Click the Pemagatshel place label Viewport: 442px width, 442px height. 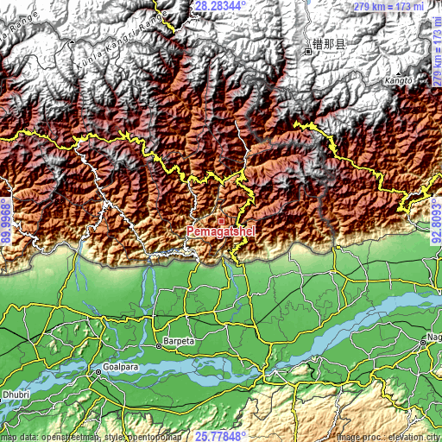pyautogui.click(x=220, y=232)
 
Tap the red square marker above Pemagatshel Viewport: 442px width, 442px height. pyautogui.click(x=221, y=221)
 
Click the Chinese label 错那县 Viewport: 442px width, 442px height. pyautogui.click(x=329, y=44)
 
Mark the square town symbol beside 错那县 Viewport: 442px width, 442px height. pyautogui.click(x=306, y=51)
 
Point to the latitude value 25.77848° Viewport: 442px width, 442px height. pyautogui.click(x=221, y=436)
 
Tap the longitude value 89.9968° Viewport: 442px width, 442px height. pyautogui.click(x=6, y=221)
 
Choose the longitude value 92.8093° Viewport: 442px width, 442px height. pyautogui.click(x=436, y=221)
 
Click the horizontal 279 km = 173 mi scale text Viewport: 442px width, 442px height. pyautogui.click(x=388, y=7)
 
